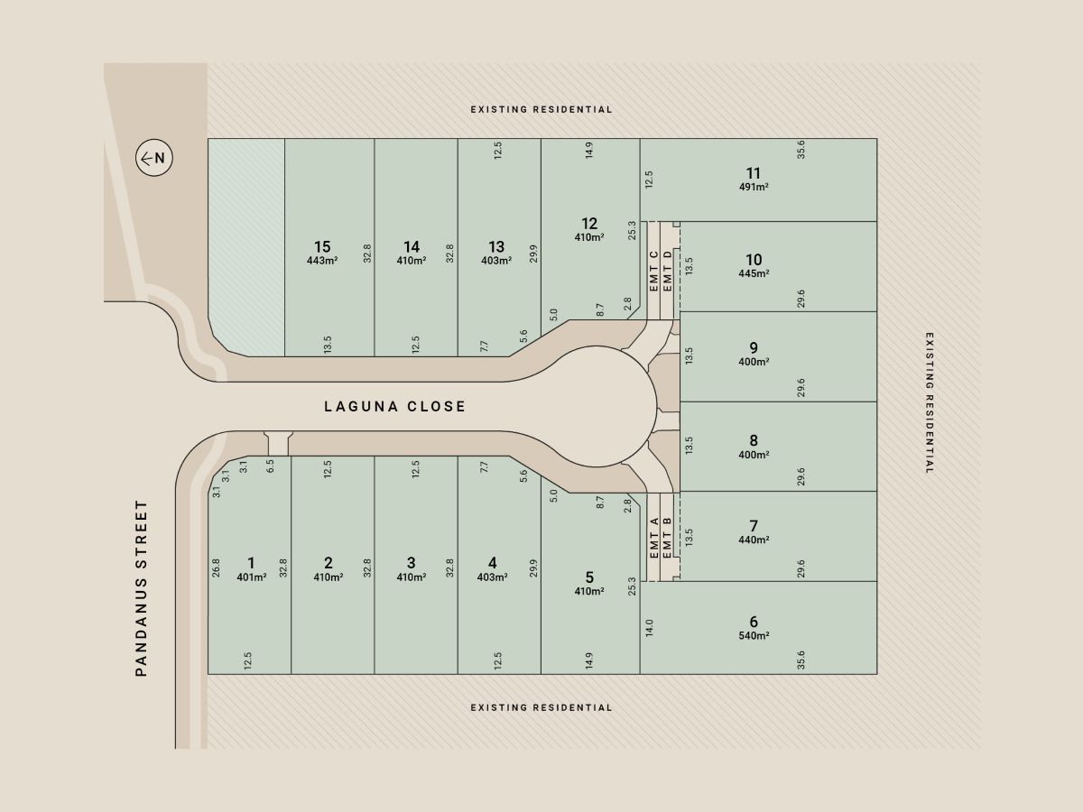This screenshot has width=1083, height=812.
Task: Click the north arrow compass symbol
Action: pyautogui.click(x=154, y=159)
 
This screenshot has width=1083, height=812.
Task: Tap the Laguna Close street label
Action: pyautogui.click(x=394, y=407)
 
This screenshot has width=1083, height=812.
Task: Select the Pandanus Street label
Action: pyautogui.click(x=141, y=588)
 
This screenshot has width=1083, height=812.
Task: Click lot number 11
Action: pyautogui.click(x=754, y=173)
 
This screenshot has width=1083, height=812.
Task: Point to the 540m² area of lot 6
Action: pyautogui.click(x=754, y=636)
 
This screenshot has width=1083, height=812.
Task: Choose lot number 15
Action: pyautogui.click(x=322, y=246)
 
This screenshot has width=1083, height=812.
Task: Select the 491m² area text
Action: pyautogui.click(x=754, y=187)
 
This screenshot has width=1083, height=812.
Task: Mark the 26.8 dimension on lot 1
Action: pyautogui.click(x=216, y=567)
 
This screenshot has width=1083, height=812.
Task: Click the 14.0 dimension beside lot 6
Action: pyautogui.click(x=649, y=628)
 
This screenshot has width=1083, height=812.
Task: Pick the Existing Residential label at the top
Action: pyautogui.click(x=541, y=109)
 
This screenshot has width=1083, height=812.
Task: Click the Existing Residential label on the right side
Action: pyautogui.click(x=930, y=403)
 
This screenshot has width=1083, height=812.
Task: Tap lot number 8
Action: pyautogui.click(x=754, y=441)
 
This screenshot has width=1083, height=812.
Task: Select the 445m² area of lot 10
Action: pyautogui.click(x=754, y=273)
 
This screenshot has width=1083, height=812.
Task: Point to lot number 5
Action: pyautogui.click(x=589, y=577)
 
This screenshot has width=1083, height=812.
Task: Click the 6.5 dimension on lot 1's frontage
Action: pyautogui.click(x=270, y=466)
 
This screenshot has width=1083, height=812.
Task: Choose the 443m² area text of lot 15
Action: pyautogui.click(x=322, y=261)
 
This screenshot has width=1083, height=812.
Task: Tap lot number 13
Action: pyautogui.click(x=496, y=246)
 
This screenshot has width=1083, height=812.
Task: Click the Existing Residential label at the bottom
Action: pyautogui.click(x=541, y=707)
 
